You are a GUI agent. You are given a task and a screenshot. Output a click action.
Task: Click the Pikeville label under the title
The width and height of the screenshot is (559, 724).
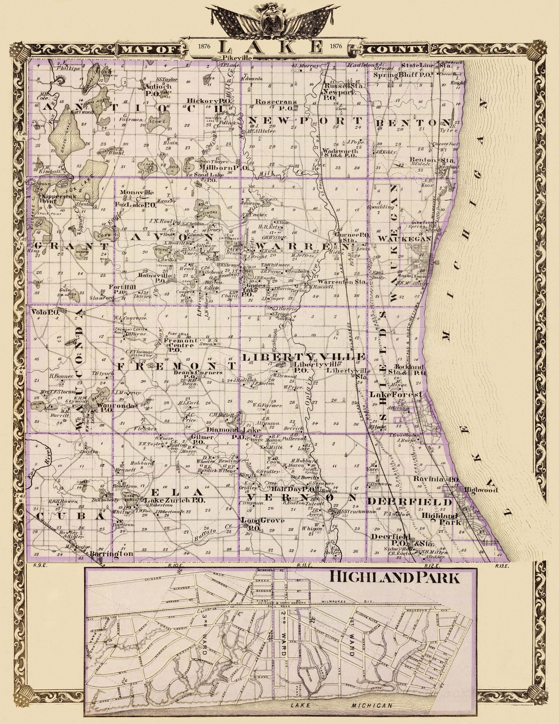click(x=238, y=58)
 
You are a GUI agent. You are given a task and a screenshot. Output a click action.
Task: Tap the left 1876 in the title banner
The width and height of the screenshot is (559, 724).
click(x=204, y=46)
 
